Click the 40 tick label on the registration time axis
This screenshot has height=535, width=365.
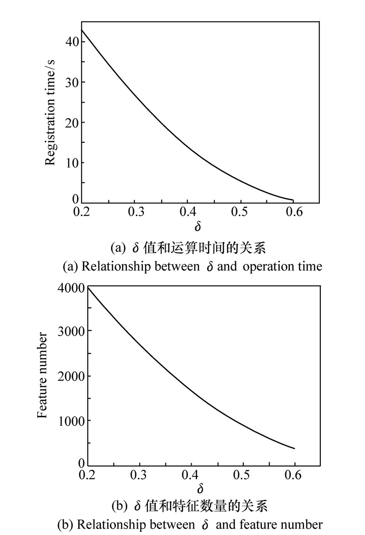coord(71,42)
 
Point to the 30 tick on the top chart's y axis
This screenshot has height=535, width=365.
coord(71,82)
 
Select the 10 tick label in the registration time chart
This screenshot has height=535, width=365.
coord(71,163)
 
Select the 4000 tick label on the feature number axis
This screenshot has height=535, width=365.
coord(71,288)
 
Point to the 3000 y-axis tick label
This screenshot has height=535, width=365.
coord(71,331)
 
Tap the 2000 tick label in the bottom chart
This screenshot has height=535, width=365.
coord(71,376)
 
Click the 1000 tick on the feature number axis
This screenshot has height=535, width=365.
coord(71,421)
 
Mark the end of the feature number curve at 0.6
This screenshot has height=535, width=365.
coord(294,448)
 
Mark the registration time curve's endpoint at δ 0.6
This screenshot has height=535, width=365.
coord(292,200)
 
